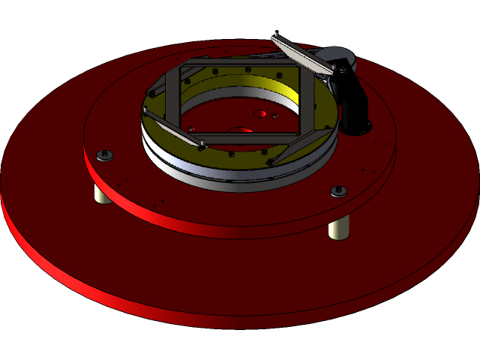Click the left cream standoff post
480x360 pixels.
click(99, 194)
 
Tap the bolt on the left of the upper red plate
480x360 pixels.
click(104, 155)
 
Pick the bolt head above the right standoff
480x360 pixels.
click(340, 191)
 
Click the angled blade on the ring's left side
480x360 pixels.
click(171, 128)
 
